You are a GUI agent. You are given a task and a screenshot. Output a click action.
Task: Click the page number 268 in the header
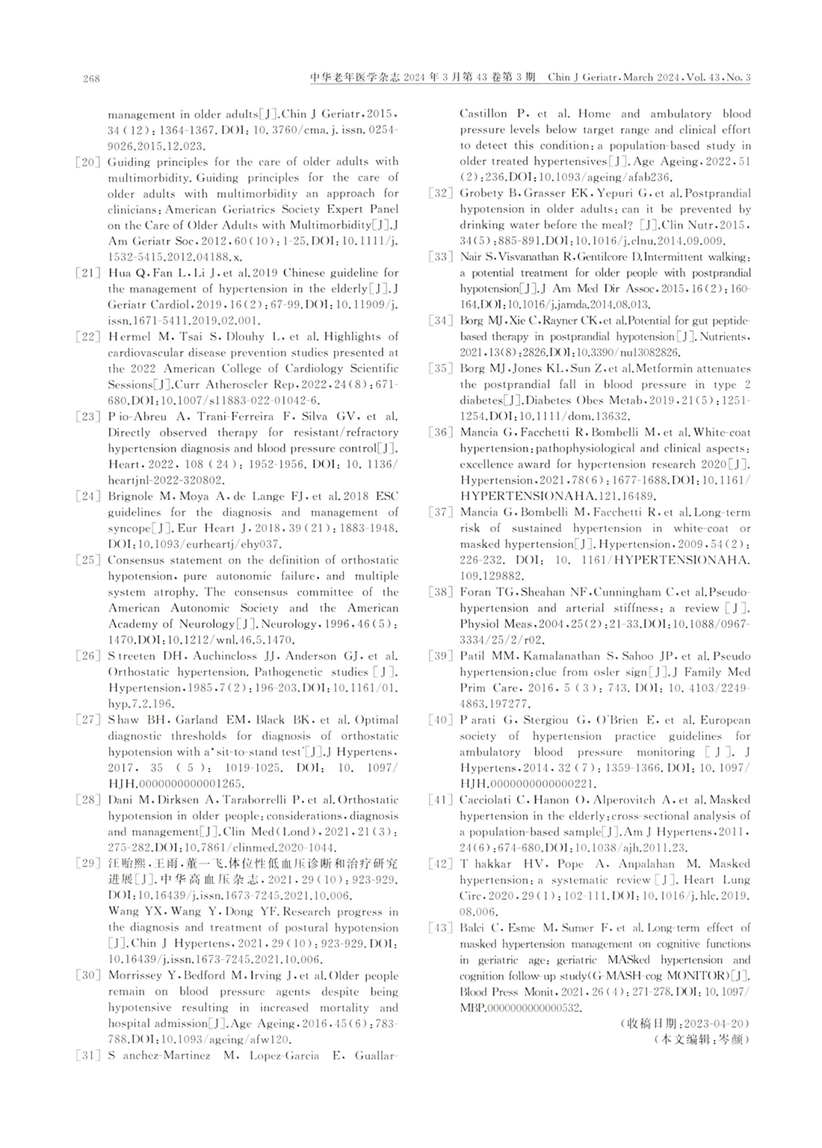coord(91,78)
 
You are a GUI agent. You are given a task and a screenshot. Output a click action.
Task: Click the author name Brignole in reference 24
coord(131,496)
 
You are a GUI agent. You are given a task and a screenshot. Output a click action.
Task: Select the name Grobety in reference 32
coord(482,194)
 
